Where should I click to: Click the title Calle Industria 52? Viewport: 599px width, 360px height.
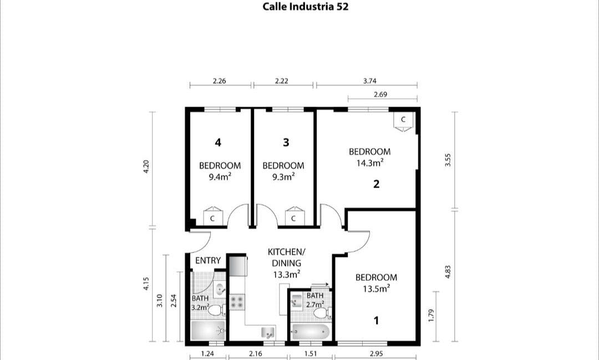point(305,7)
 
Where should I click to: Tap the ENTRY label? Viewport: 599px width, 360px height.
point(208,260)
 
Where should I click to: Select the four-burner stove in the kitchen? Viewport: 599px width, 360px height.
point(237,302)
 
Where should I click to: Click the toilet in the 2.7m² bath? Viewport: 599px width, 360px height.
point(320,313)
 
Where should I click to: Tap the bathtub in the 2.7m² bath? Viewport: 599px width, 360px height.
point(311,333)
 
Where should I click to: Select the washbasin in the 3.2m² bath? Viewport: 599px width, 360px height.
point(220,288)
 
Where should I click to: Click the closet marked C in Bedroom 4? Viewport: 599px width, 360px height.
point(212,217)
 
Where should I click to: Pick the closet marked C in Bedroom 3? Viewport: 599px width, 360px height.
point(293,217)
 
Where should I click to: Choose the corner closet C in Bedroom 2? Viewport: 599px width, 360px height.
point(403,120)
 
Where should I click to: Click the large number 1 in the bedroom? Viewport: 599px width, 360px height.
point(376,320)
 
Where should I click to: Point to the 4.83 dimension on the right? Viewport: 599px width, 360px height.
point(448,276)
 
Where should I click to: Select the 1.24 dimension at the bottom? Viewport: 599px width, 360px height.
point(207,353)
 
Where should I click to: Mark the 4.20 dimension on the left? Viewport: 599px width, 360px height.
point(146,166)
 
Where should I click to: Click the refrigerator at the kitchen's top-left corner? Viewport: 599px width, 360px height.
point(238,265)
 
